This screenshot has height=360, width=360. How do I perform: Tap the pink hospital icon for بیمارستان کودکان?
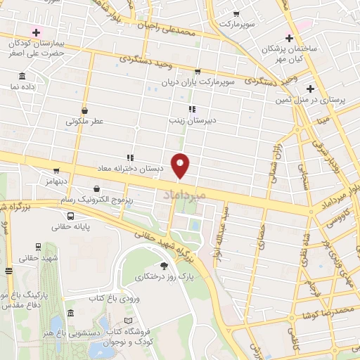36,31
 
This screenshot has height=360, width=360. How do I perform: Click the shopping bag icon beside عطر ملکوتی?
84,110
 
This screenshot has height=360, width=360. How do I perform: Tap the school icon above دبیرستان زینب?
191,109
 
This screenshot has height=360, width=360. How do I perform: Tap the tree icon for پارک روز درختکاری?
164,265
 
